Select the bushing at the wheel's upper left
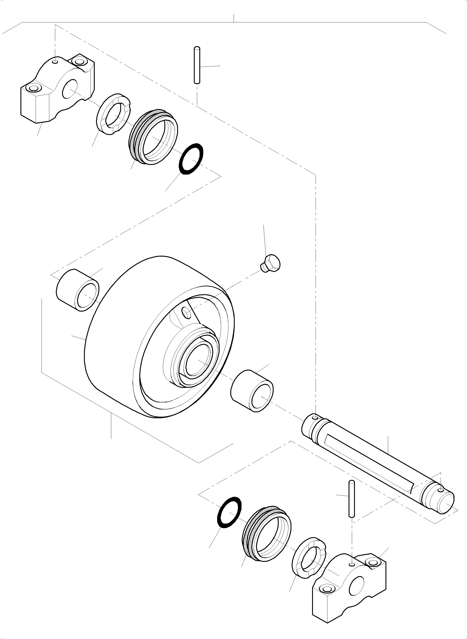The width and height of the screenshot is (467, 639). coord(78,290)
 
